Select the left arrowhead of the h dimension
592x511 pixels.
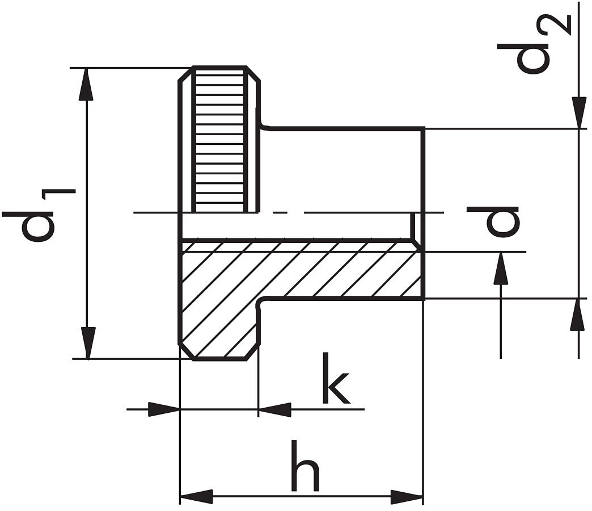click(x=196, y=497)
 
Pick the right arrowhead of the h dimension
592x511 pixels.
click(x=407, y=497)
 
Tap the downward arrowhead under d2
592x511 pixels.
click(x=578, y=112)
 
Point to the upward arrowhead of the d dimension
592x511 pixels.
click(x=500, y=269)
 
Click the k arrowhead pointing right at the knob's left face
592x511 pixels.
click(x=164, y=409)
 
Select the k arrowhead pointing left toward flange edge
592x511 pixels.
click(x=275, y=409)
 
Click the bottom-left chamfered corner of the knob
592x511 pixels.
click(x=187, y=351)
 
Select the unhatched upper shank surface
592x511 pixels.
click(x=340, y=170)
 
